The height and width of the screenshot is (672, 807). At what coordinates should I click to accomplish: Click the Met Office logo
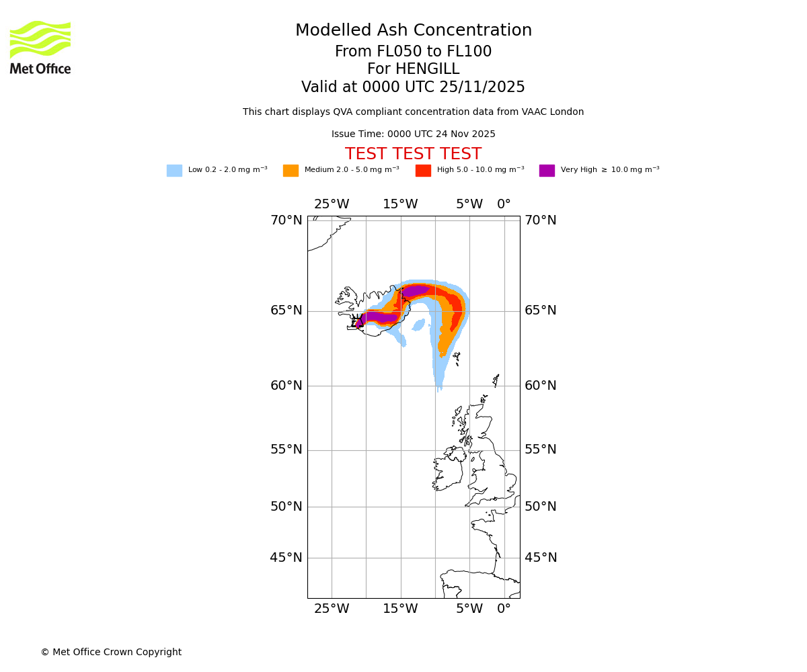point(40,47)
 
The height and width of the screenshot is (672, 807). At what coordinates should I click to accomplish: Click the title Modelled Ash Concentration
point(413,31)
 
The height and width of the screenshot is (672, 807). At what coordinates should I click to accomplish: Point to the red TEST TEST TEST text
point(413,155)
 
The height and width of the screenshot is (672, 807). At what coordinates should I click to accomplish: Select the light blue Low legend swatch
point(174,171)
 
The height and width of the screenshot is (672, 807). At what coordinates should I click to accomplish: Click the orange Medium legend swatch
point(291,171)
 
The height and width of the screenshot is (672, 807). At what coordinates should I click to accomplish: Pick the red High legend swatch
point(423,171)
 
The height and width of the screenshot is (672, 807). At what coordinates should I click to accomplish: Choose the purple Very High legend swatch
point(547,171)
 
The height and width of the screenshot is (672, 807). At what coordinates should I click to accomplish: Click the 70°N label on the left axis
point(286,220)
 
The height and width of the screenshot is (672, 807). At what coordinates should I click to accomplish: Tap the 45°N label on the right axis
point(541,558)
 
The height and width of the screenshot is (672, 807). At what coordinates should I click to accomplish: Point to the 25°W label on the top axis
point(332,204)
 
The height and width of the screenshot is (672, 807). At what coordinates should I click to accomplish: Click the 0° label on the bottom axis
point(504,609)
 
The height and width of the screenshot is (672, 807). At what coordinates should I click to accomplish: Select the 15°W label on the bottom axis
point(400,609)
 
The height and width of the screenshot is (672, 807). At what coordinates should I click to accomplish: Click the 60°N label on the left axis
point(286,386)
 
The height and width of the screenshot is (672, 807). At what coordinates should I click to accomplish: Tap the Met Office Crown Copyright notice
point(111,653)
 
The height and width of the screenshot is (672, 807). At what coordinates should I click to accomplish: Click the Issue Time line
point(413,134)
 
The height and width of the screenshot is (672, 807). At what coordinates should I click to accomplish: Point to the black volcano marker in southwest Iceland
point(358,321)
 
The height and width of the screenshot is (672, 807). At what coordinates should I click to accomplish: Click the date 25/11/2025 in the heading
point(482,87)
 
